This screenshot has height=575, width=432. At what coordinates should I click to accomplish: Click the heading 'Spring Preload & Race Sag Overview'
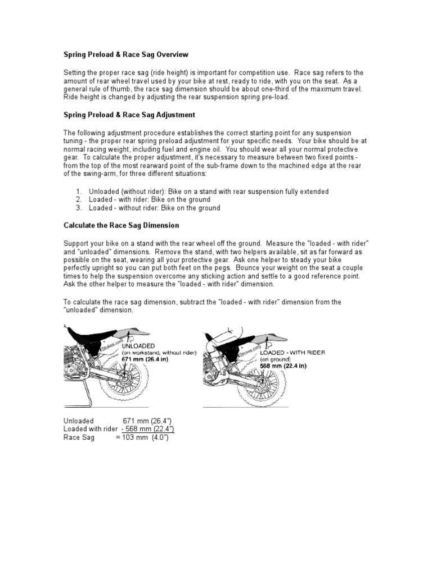[125, 54]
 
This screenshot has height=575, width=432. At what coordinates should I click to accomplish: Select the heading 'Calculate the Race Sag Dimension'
[120, 225]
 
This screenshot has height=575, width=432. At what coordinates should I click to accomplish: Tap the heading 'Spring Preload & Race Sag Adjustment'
[128, 115]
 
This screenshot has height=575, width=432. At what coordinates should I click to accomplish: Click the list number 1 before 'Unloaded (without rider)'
[79, 191]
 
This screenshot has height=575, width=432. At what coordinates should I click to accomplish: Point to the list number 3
[79, 208]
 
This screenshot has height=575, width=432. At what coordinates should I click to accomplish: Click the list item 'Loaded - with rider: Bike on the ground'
[150, 199]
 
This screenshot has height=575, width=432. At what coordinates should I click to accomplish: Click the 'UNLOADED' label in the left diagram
[138, 345]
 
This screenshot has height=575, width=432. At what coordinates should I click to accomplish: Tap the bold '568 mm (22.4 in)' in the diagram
[283, 366]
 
